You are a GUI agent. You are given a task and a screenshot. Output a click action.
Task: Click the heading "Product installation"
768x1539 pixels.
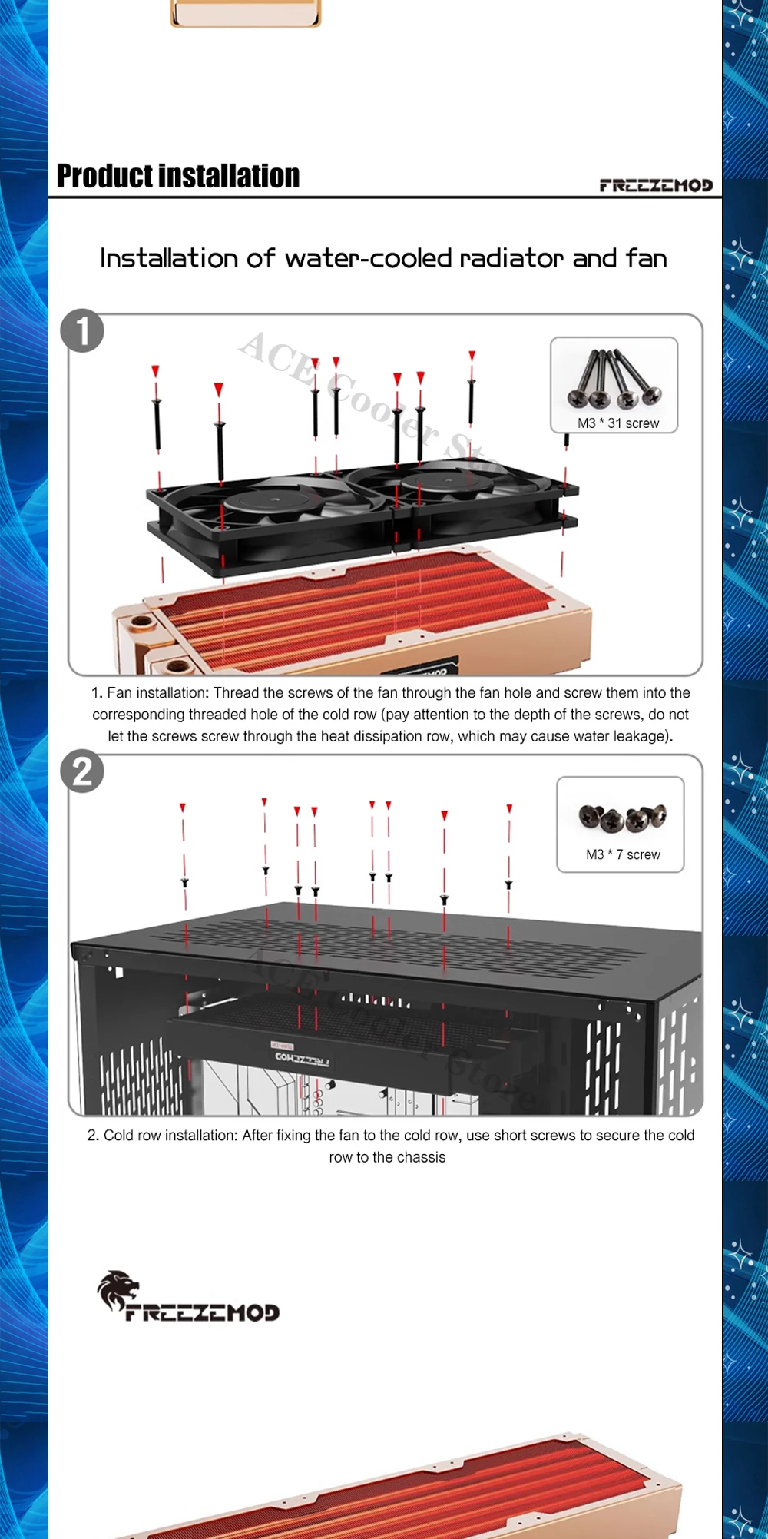(178, 176)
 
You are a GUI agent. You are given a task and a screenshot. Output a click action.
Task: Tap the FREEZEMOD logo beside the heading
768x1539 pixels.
(656, 185)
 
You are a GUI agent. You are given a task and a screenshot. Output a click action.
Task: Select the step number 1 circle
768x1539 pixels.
(82, 330)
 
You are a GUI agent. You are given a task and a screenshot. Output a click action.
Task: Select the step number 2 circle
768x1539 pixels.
(82, 771)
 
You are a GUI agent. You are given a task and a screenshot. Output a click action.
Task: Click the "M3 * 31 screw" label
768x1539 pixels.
(618, 423)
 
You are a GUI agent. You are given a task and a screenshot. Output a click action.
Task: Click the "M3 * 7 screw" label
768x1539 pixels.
(623, 854)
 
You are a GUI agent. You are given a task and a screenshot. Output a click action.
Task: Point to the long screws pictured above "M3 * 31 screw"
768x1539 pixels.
(615, 379)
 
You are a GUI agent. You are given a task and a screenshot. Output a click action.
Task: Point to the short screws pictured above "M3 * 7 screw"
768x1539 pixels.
(623, 818)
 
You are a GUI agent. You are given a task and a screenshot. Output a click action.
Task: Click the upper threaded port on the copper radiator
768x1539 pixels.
(141, 623)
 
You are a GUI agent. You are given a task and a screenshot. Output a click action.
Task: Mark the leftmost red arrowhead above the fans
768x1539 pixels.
(155, 371)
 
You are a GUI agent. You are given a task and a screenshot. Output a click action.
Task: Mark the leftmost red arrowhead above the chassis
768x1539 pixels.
(183, 808)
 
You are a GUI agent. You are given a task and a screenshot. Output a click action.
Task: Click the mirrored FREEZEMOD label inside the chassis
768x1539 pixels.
(302, 1060)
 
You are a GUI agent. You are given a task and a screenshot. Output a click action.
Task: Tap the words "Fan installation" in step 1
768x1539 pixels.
(157, 692)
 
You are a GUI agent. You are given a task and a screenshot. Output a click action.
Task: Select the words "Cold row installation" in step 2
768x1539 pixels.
(169, 1135)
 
